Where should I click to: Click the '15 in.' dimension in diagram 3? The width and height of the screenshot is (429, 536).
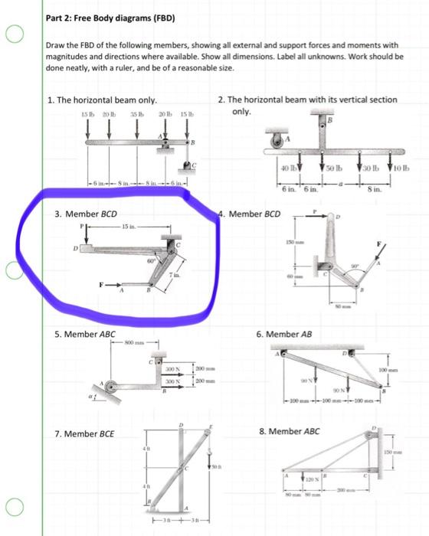129,227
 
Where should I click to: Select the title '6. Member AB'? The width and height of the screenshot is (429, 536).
290,335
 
